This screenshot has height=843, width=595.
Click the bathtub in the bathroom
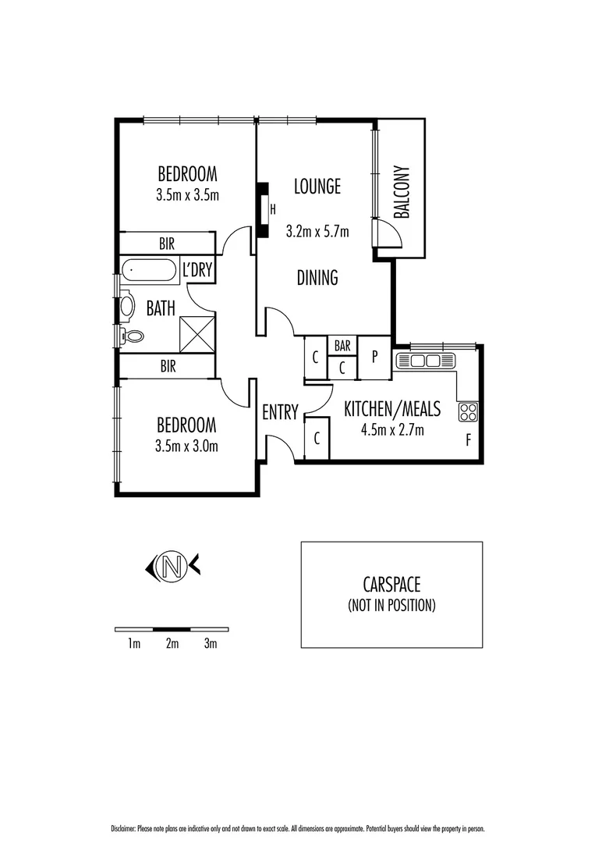click(149, 272)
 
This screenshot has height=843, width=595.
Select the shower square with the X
click(197, 333)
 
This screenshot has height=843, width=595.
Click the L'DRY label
click(197, 271)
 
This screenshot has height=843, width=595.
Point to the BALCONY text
click(401, 192)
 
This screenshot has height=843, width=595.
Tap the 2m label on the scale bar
click(172, 644)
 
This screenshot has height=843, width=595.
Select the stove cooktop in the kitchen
click(468, 411)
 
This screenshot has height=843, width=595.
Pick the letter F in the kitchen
click(469, 439)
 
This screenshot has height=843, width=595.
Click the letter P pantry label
click(374, 357)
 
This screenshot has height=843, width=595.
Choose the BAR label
click(342, 345)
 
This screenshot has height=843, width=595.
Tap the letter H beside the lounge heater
click(273, 209)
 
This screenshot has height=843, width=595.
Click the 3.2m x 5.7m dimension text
click(317, 232)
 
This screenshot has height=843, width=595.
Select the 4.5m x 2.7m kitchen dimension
click(392, 429)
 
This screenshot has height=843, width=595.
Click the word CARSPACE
click(391, 584)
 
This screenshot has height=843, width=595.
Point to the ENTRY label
click(280, 412)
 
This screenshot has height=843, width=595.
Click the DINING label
click(317, 277)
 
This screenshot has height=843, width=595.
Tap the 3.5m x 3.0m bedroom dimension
click(186, 446)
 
